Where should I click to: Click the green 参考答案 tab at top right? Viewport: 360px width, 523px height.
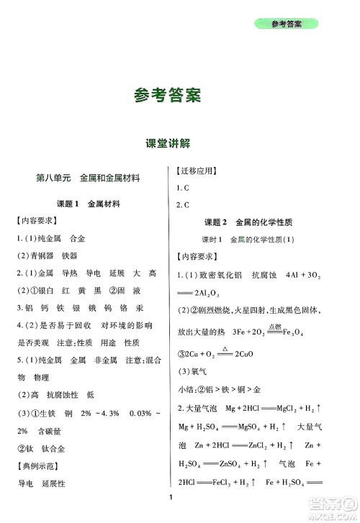tap(287, 24)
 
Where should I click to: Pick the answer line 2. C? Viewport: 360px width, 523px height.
tap(183, 205)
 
